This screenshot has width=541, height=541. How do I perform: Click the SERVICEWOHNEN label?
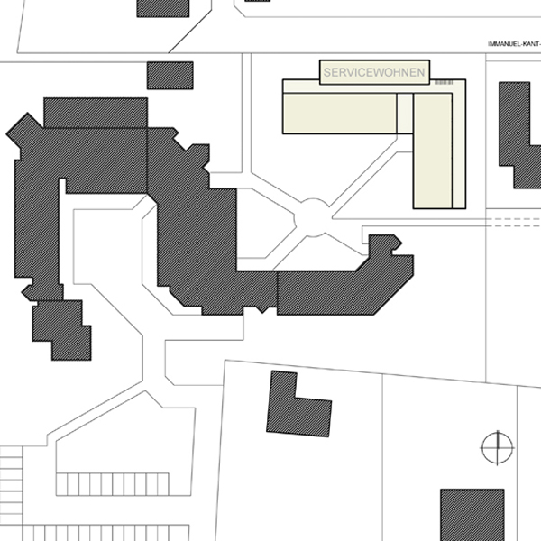pos(374,72)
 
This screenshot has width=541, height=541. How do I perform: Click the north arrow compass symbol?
pos(497,448)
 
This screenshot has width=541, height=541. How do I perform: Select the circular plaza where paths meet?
pos(313,217)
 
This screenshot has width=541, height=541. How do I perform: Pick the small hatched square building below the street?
pos(170,76)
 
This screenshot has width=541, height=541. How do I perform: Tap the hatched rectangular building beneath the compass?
pos(472,515)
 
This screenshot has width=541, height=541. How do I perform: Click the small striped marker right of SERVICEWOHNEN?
pos(444,82)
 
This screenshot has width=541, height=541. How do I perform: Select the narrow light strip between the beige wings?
pos(405,114)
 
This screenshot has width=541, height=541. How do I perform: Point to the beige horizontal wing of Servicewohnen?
pos(340,114)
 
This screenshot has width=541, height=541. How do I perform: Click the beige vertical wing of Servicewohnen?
pos(433,151)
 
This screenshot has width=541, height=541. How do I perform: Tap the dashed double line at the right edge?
pos(513,223)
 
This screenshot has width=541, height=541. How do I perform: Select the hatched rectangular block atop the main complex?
pos(96,113)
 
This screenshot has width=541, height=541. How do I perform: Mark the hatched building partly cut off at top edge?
pos(163,8)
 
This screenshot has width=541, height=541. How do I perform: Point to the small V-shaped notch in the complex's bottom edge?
pos(262,310)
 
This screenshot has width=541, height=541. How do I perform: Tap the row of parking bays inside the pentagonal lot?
pos(113,484)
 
